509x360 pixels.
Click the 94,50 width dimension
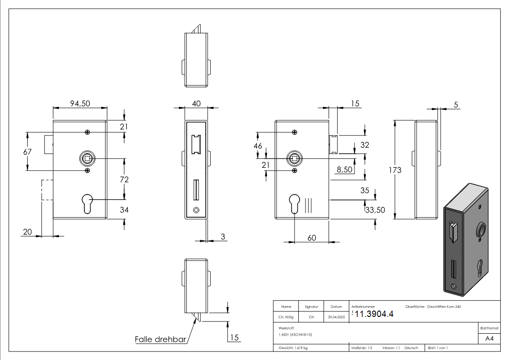click(x=80, y=104)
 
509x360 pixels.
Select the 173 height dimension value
click(x=395, y=170)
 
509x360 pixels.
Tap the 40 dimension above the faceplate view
click(x=196, y=104)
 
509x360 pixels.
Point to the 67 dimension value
click(x=28, y=152)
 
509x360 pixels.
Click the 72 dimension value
click(x=124, y=180)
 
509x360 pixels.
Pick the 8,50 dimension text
click(x=344, y=169)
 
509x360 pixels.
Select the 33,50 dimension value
click(x=375, y=210)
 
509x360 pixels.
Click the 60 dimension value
click(x=311, y=238)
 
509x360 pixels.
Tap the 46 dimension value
click(x=258, y=146)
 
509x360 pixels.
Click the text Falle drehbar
click(x=161, y=339)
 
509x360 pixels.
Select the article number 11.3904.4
click(x=373, y=315)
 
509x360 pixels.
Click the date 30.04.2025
click(x=336, y=317)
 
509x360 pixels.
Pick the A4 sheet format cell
click(x=490, y=339)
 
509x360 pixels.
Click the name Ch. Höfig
click(x=286, y=317)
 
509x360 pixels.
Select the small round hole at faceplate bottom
click(x=196, y=210)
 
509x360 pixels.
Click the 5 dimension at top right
click(x=456, y=105)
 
